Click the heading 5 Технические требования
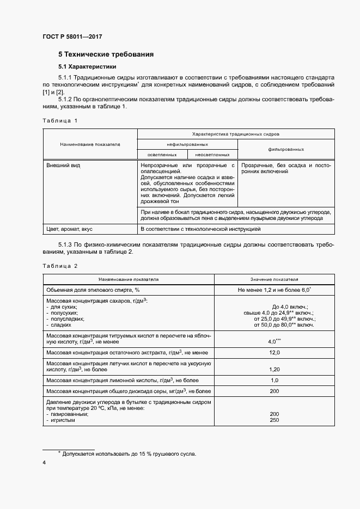coord(106,54)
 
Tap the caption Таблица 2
coord(60,266)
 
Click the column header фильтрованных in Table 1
coord(286,149)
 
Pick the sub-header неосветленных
coord(212,155)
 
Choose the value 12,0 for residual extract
coord(274,353)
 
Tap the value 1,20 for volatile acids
coord(274,369)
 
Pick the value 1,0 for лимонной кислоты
coord(274,380)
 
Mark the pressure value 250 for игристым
coord(274,420)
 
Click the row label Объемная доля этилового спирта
coord(93,290)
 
